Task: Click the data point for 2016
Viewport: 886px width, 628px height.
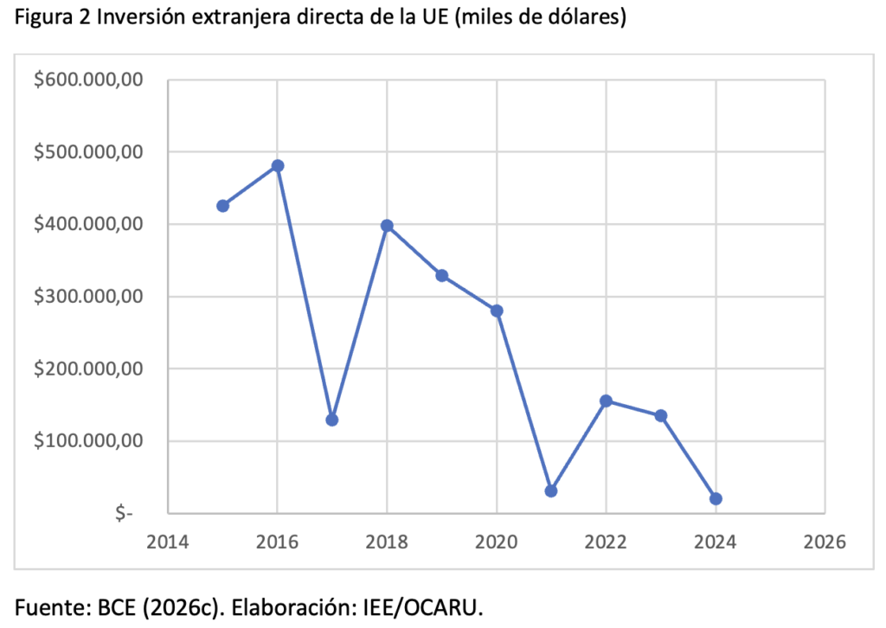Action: point(277,165)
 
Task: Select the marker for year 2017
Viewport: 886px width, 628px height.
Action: point(331,420)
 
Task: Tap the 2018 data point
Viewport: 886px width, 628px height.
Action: point(387,226)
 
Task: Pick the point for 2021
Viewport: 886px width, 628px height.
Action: point(551,490)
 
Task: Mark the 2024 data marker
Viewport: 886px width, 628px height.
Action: point(716,498)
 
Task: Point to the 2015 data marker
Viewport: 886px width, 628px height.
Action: point(222,206)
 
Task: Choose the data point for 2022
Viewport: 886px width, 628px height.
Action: point(606,401)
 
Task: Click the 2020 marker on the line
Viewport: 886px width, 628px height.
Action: point(497,311)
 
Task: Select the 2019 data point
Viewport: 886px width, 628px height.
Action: point(441,275)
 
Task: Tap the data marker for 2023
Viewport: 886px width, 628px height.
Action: point(661,415)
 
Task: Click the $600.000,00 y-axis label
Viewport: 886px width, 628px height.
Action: point(87,80)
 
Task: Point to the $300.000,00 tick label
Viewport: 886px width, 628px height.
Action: point(87,296)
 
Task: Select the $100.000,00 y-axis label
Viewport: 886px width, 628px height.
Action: point(87,440)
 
